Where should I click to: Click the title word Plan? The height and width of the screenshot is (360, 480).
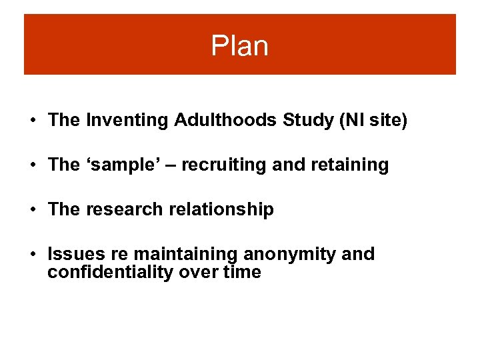pyautogui.click(x=239, y=46)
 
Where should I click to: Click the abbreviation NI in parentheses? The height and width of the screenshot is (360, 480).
pyautogui.click(x=349, y=120)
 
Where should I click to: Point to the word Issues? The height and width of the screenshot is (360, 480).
pyautogui.click(x=77, y=254)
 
